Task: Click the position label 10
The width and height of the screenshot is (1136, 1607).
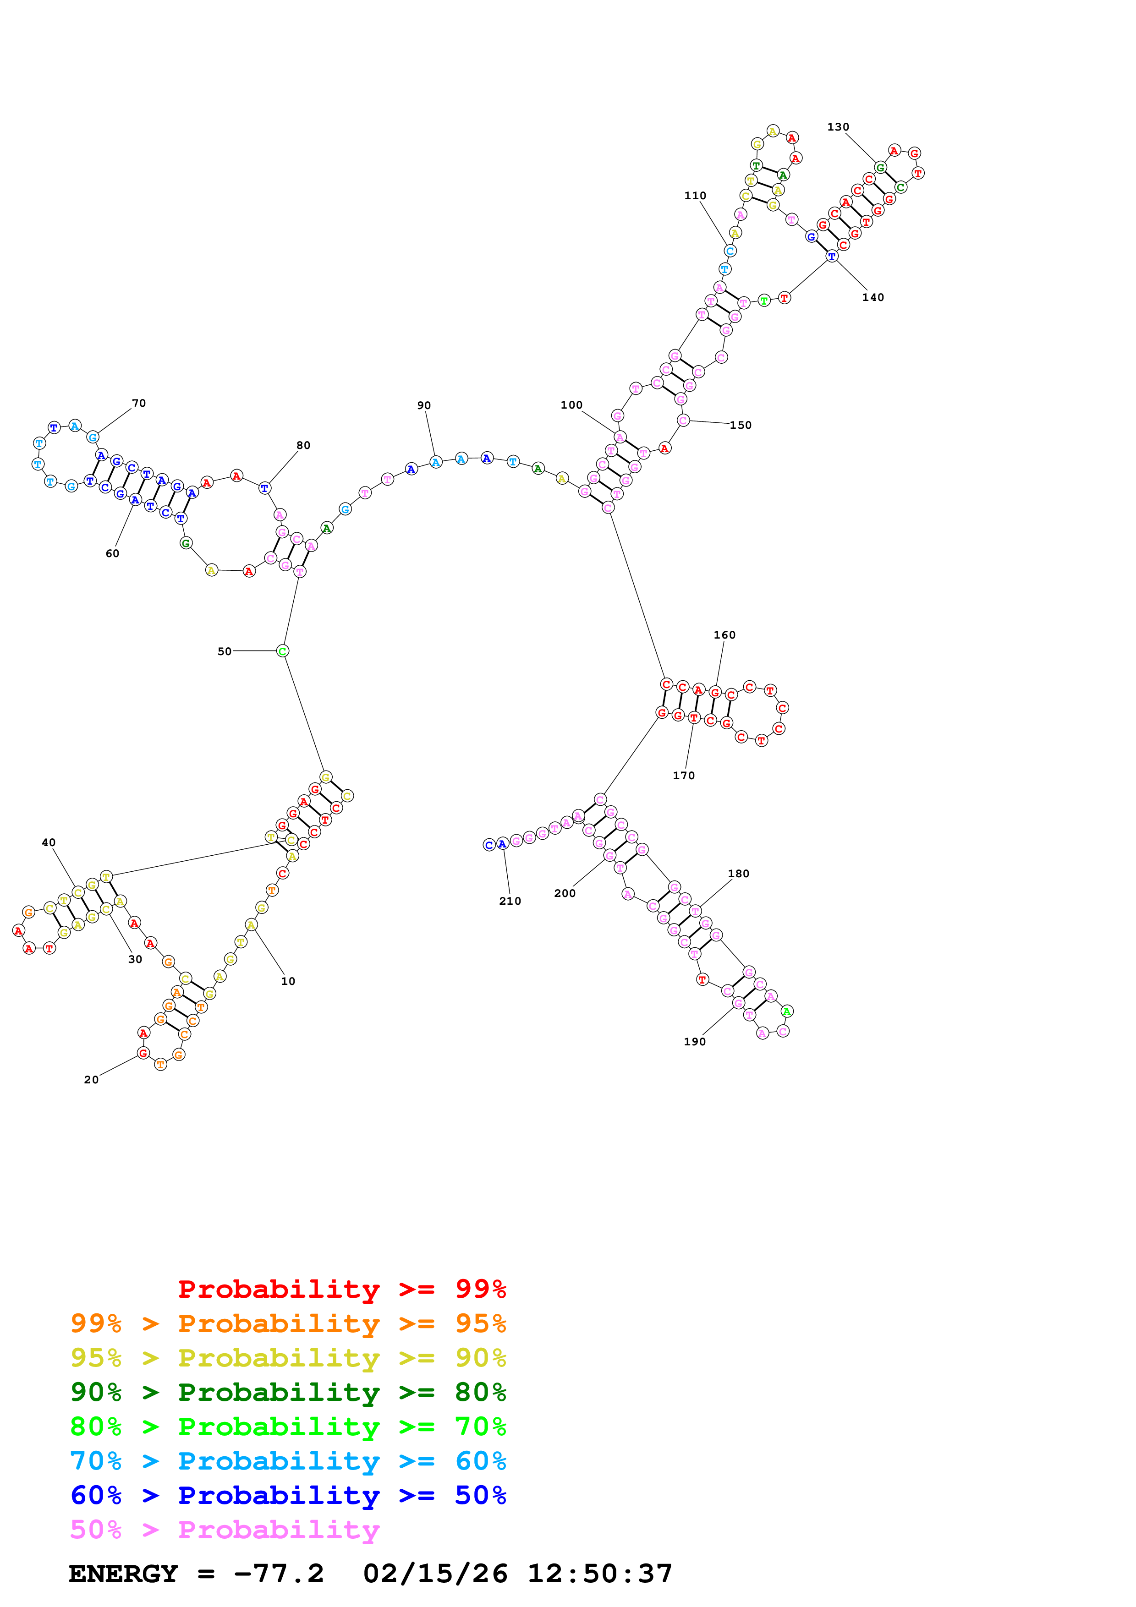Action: pyautogui.click(x=288, y=981)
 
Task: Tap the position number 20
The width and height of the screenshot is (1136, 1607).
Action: pyautogui.click(x=91, y=1080)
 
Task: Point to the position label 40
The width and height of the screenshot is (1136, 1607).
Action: pyautogui.click(x=48, y=843)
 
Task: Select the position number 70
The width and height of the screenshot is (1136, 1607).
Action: pyautogui.click(x=138, y=403)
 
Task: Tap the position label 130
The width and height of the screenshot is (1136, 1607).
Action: pyautogui.click(x=838, y=127)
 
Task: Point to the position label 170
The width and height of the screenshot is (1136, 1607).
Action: pyautogui.click(x=683, y=776)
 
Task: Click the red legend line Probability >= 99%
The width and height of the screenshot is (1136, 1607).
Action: pyautogui.click(x=341, y=1289)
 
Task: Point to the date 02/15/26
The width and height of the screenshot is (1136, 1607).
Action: pyautogui.click(x=435, y=1574)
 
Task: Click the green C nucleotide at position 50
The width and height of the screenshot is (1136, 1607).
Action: pyautogui.click(x=282, y=651)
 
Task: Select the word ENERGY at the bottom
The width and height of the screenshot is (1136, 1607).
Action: pyautogui.click(x=123, y=1574)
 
